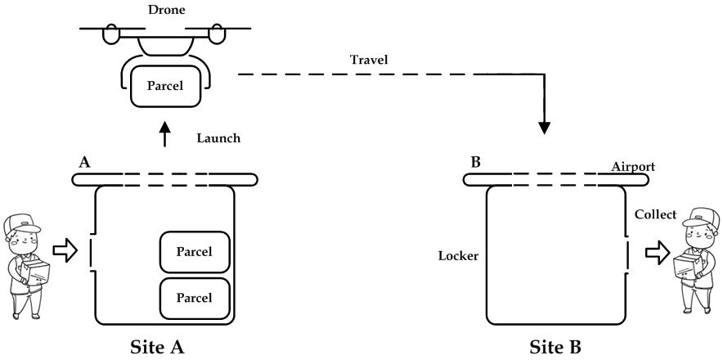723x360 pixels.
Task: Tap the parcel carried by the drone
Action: point(165,85)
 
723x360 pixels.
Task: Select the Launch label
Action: point(218,138)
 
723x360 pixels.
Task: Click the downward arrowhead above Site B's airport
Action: point(543,128)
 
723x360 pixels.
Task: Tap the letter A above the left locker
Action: point(83,162)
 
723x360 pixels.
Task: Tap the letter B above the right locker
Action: point(476,161)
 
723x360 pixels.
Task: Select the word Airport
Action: point(633,167)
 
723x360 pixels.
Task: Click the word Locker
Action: point(459,256)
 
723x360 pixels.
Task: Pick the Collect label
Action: point(656,214)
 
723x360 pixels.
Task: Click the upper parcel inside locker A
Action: point(193,251)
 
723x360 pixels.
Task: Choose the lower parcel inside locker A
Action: point(193,296)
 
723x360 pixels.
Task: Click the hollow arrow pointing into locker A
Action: point(64,250)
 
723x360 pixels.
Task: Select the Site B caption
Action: point(555,347)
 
